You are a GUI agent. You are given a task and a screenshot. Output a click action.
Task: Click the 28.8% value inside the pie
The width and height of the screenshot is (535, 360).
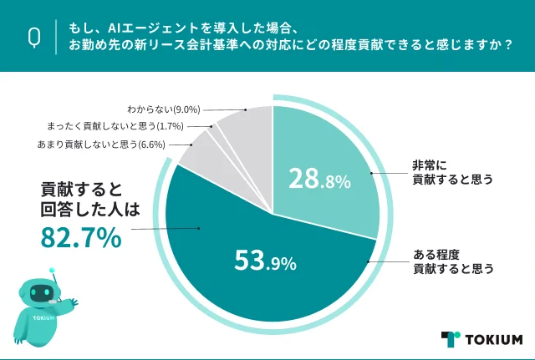318,179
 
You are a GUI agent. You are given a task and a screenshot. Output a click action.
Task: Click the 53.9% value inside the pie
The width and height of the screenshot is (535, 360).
264,262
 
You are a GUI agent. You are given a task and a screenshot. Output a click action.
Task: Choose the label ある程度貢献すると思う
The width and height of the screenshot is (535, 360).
452,261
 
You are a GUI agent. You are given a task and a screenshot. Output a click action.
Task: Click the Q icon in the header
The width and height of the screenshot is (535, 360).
35,36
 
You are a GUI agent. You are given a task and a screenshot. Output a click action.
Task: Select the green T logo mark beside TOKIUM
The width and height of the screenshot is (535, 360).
451,338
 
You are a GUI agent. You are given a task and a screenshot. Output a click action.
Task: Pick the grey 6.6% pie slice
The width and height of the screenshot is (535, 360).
197,150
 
